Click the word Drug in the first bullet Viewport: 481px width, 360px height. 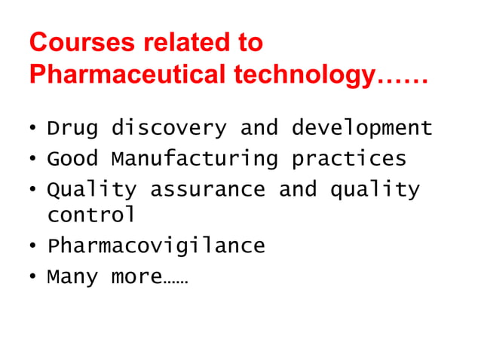tap(72, 129)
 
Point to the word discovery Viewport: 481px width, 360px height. tap(168, 129)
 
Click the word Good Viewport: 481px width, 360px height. tap(72, 159)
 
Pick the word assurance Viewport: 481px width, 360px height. tap(207, 190)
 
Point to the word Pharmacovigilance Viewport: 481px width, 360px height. tap(156, 246)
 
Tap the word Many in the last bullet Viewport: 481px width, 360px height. tap(72, 277)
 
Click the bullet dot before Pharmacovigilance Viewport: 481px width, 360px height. tap(33, 247)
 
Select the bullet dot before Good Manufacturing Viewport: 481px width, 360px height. tap(33, 160)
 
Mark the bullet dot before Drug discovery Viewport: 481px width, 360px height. tap(33, 130)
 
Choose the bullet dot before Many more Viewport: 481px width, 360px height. tap(33, 277)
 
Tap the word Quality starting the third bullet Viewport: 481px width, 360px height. tap(91, 190)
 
